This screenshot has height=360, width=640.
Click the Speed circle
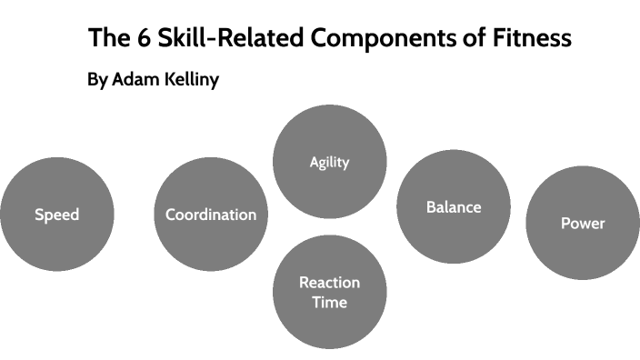click(57, 215)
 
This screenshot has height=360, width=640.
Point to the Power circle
click(583, 223)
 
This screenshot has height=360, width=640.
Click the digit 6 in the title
click(137, 39)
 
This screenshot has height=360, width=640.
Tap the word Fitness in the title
click(535, 39)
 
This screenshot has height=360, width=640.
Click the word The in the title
click(106, 39)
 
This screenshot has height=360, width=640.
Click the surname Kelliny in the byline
click(190, 80)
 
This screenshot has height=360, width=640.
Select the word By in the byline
click(97, 80)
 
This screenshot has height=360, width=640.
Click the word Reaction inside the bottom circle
click(329, 283)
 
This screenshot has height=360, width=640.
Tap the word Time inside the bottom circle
click(329, 302)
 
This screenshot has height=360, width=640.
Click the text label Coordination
click(211, 215)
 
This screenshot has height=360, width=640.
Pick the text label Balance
click(454, 207)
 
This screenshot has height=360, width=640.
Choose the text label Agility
click(329, 163)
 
